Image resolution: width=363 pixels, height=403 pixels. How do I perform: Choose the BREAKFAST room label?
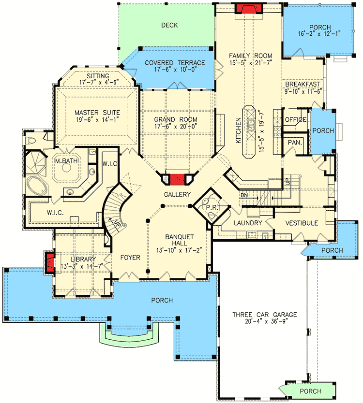click(303, 84)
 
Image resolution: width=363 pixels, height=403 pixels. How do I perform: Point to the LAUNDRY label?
click(247, 223)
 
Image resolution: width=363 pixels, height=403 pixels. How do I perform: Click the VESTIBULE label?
click(302, 223)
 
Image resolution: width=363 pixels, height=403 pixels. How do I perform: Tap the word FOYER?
click(131, 258)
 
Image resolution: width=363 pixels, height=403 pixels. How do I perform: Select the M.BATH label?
click(63, 160)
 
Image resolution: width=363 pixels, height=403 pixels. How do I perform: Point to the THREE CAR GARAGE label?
click(264, 315)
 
